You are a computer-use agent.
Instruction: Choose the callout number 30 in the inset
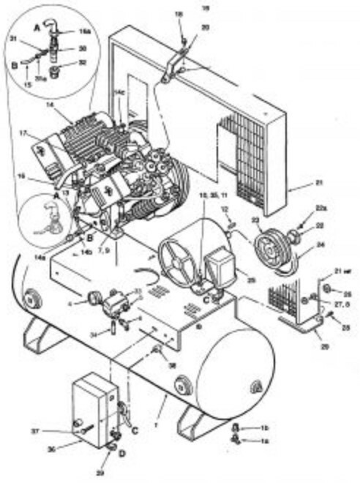pyautogui.click(x=82, y=49)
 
